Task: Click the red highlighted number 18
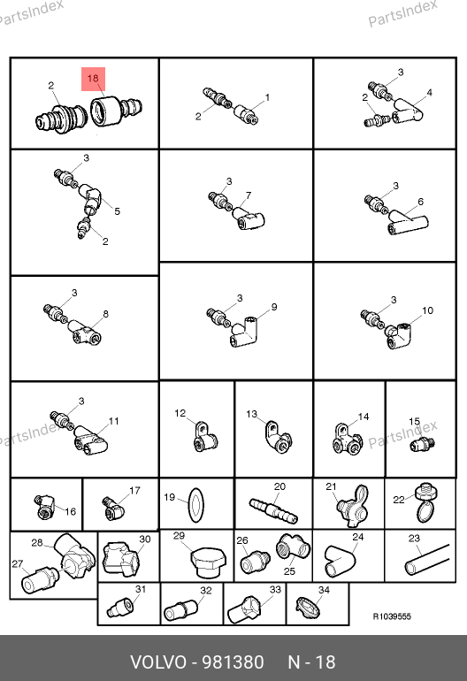click(x=93, y=78)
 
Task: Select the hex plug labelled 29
click(x=208, y=562)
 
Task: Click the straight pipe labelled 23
click(x=426, y=560)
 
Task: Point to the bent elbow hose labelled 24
click(x=340, y=562)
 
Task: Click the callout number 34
click(x=324, y=590)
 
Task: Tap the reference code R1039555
click(x=392, y=616)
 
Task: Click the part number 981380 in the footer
click(x=233, y=662)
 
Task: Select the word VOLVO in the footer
click(x=158, y=662)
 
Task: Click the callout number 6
click(x=420, y=202)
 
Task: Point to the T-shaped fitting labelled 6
click(x=408, y=222)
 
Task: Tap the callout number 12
click(x=180, y=413)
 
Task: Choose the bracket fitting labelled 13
click(x=277, y=438)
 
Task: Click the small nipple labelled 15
click(x=422, y=444)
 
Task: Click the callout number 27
click(x=18, y=563)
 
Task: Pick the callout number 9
click(x=274, y=307)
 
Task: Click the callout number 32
click(x=206, y=591)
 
